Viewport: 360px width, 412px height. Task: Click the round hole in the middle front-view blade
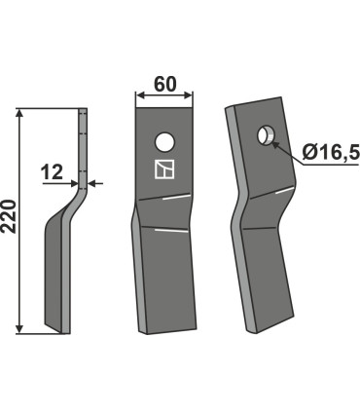(x=164, y=139)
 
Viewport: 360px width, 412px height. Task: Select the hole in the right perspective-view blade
(x=264, y=133)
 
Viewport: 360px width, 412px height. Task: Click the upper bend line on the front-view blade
(x=163, y=199)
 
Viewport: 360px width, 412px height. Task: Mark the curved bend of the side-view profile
(x=68, y=205)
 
